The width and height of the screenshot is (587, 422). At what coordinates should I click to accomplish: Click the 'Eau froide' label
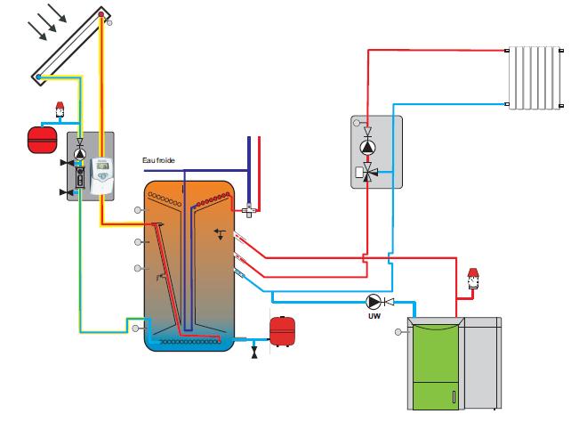(x=158, y=160)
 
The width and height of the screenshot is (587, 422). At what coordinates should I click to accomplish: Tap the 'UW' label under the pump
(x=374, y=316)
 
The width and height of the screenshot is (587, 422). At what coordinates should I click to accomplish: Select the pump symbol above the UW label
(x=374, y=301)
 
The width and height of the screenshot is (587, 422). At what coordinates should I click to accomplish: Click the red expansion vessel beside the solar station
(x=43, y=140)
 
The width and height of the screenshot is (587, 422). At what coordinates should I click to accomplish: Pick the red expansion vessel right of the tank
(x=282, y=331)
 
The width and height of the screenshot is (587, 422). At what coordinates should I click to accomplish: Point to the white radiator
(x=535, y=78)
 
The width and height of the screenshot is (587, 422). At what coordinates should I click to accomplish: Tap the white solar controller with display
(x=102, y=175)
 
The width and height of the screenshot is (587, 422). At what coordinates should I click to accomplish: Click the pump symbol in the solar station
(x=79, y=154)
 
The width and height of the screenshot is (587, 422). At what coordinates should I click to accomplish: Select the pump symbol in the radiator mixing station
(x=367, y=147)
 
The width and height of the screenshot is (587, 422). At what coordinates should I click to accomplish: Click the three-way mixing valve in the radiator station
(x=368, y=173)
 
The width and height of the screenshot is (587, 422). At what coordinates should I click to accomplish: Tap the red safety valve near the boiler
(x=473, y=279)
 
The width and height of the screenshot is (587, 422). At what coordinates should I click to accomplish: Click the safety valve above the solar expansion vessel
(x=60, y=110)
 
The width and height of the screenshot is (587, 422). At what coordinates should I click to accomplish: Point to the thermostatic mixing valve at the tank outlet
(x=249, y=211)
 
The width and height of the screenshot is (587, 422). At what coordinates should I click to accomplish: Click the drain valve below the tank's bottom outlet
(x=254, y=352)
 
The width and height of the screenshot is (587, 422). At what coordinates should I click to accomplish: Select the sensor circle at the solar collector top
(x=109, y=23)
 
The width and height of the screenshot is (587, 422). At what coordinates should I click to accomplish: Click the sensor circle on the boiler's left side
(x=398, y=332)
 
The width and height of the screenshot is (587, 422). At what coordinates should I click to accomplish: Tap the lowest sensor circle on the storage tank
(x=135, y=329)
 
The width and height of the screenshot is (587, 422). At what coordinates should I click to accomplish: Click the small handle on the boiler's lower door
(x=454, y=397)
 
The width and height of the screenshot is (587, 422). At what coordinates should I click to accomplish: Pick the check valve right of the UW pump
(x=390, y=301)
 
